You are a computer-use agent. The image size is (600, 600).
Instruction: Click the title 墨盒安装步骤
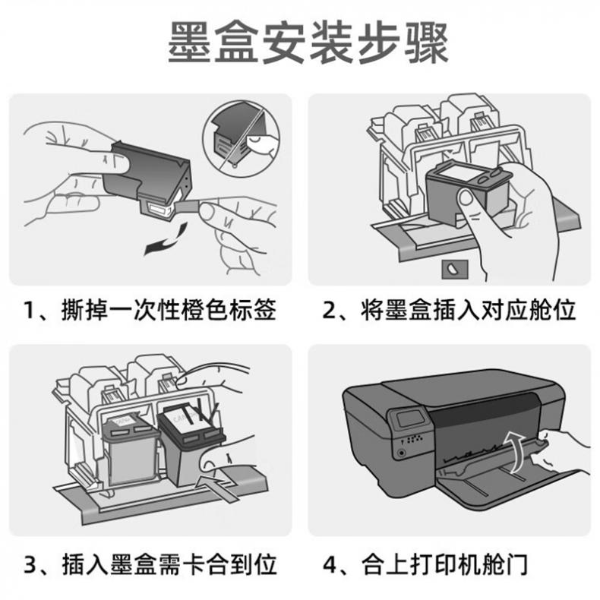point(308,43)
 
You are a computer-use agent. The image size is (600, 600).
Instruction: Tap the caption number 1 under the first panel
point(30,310)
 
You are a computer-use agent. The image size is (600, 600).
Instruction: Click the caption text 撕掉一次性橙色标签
point(169,310)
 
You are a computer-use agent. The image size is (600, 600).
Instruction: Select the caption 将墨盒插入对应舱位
point(468,310)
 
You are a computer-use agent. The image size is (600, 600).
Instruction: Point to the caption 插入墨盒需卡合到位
point(169,564)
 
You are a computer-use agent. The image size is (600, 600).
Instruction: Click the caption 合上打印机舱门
point(444,564)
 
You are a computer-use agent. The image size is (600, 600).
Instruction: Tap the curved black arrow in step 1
point(166,239)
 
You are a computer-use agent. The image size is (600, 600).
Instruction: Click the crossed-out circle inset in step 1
point(242,139)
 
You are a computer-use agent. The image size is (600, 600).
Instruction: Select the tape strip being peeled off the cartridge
point(188,207)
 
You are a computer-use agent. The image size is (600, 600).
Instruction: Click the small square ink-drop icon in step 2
point(455,270)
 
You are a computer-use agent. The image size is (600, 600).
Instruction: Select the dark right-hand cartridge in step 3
point(191,444)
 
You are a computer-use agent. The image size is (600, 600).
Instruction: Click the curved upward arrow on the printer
point(516,452)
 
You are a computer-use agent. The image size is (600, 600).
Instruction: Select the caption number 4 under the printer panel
point(330,564)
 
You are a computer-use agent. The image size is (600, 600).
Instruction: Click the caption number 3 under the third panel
point(30,564)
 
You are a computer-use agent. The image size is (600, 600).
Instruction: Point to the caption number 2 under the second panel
point(329,310)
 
